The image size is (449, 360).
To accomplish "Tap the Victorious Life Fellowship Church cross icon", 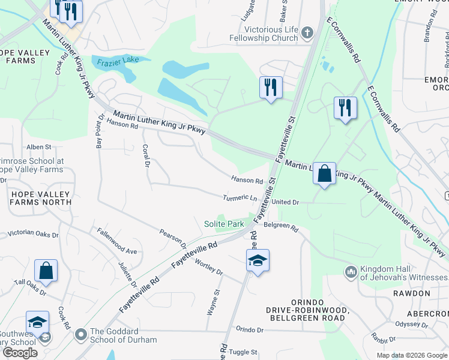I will pyautogui.click(x=308, y=32).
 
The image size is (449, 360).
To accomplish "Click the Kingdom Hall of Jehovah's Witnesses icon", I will pyautogui.click(x=351, y=272).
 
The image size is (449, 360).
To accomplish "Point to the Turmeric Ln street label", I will pyautogui.click(x=240, y=198).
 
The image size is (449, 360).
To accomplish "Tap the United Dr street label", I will pyautogui.click(x=285, y=203).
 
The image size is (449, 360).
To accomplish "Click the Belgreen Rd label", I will pyautogui.click(x=281, y=227).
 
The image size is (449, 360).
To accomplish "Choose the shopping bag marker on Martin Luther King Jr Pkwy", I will pyautogui.click(x=324, y=174).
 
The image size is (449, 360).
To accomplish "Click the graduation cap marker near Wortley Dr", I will pyautogui.click(x=258, y=260).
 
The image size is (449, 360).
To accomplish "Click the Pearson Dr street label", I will pyautogui.click(x=173, y=238).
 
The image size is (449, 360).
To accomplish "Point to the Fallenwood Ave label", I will pyautogui.click(x=118, y=242).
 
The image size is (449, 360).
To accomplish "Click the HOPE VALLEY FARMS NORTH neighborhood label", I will pyautogui.click(x=40, y=198).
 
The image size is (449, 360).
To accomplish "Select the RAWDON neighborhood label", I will pyautogui.click(x=412, y=293).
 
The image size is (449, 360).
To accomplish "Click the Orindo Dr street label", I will pyautogui.click(x=250, y=329).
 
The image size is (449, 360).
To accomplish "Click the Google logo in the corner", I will pyautogui.click(x=20, y=352).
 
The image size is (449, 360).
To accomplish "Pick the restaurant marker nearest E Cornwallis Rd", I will pyautogui.click(x=345, y=109).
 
